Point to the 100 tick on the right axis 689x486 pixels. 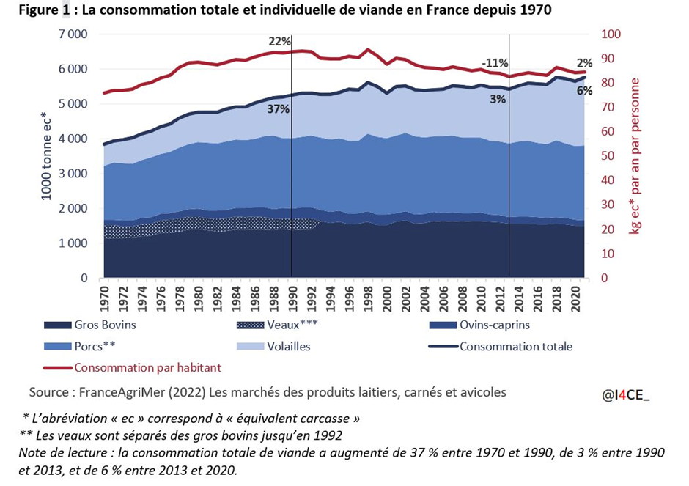pyautogui.click(x=611, y=34)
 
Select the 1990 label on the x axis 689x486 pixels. pyautogui.click(x=292, y=300)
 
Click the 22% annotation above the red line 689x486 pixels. pyautogui.click(x=279, y=41)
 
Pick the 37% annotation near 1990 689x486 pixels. pyautogui.click(x=278, y=109)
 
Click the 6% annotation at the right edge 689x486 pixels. pyautogui.click(x=585, y=91)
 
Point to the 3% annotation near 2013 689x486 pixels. pyautogui.click(x=498, y=100)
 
